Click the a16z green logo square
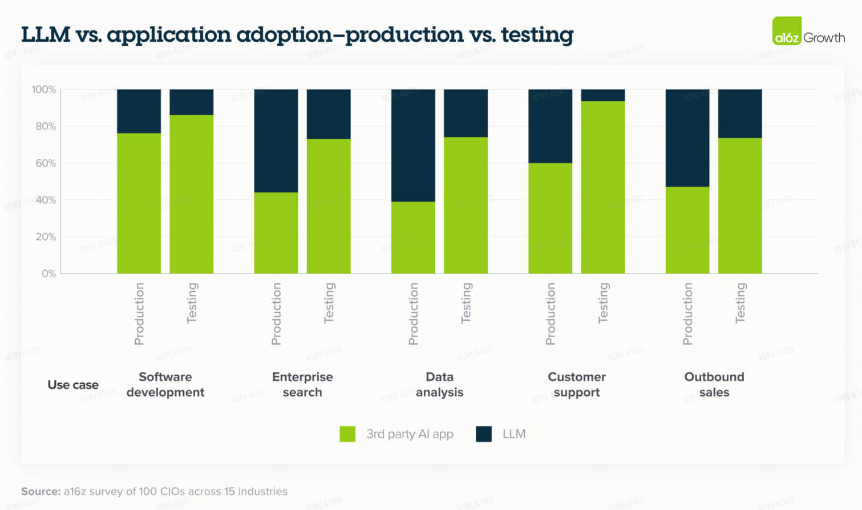point(786,31)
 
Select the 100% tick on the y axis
point(44,90)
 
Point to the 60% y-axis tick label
point(46,163)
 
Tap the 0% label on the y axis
point(49,274)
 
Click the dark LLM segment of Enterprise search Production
point(276,140)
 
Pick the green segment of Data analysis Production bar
point(413,237)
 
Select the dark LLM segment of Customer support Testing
point(602,95)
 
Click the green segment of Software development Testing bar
point(192,194)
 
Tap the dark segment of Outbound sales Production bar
point(687,138)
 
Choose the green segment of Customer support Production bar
point(550,218)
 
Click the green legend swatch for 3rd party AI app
point(347,434)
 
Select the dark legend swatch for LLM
point(484,434)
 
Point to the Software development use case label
point(165,384)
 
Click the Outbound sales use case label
point(714,384)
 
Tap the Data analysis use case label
point(439,384)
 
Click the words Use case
point(73,385)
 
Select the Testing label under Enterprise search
point(329,303)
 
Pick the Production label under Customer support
point(551,314)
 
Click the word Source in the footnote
point(41,491)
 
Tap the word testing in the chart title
point(537,35)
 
